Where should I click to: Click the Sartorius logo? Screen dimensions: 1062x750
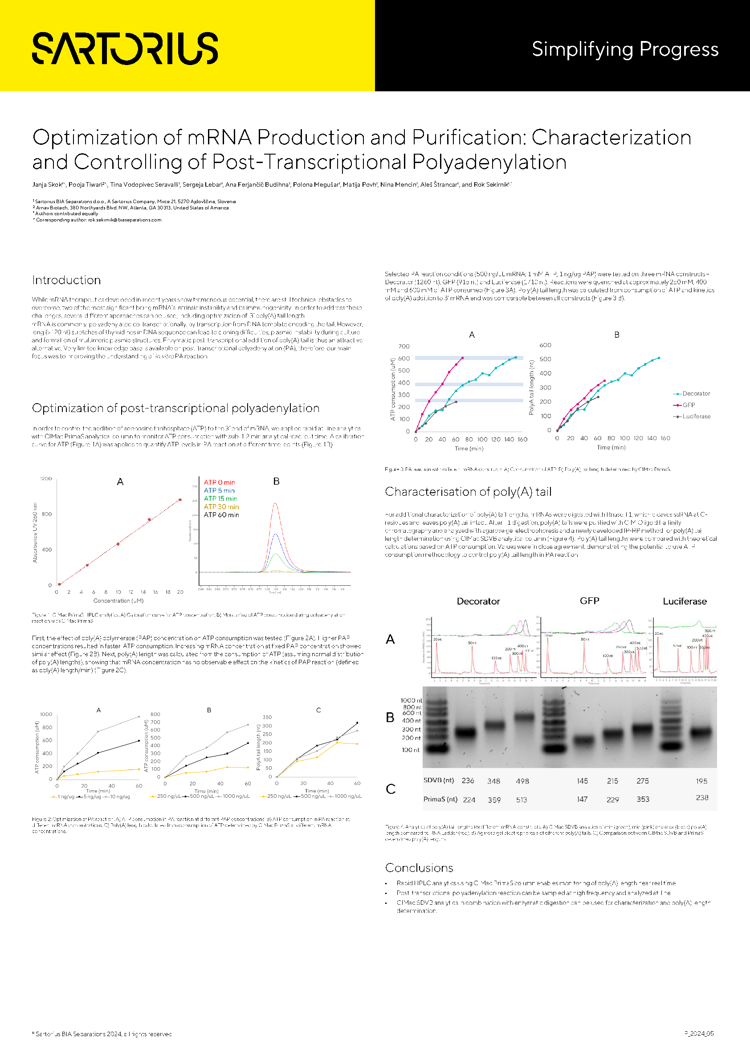[x=125, y=49]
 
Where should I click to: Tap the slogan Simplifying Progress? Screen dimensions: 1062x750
[x=625, y=49]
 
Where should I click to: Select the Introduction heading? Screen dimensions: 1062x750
[x=67, y=280]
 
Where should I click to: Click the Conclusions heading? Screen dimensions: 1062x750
[x=419, y=868]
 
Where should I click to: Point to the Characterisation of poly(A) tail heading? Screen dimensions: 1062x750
[x=468, y=492]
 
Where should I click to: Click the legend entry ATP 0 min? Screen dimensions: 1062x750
[x=219, y=482]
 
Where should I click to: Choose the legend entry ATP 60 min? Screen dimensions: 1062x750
[x=221, y=515]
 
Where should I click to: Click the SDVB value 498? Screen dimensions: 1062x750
[x=522, y=781]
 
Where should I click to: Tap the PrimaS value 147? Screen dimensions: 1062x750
[x=582, y=799]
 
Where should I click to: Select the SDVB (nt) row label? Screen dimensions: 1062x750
[x=438, y=780]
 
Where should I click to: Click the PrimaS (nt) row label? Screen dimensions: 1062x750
[x=440, y=799]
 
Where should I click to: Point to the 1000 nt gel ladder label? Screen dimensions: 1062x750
[x=411, y=700]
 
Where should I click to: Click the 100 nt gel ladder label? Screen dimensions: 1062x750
[x=410, y=750]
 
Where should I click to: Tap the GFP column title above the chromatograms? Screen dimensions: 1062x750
[x=589, y=601]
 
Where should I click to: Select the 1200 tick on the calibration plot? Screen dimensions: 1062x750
[x=46, y=479]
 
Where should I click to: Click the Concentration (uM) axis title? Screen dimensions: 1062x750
[x=118, y=601]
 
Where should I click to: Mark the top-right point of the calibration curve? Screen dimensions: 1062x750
[x=180, y=500]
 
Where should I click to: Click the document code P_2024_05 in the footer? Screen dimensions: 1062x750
[x=699, y=1034]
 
